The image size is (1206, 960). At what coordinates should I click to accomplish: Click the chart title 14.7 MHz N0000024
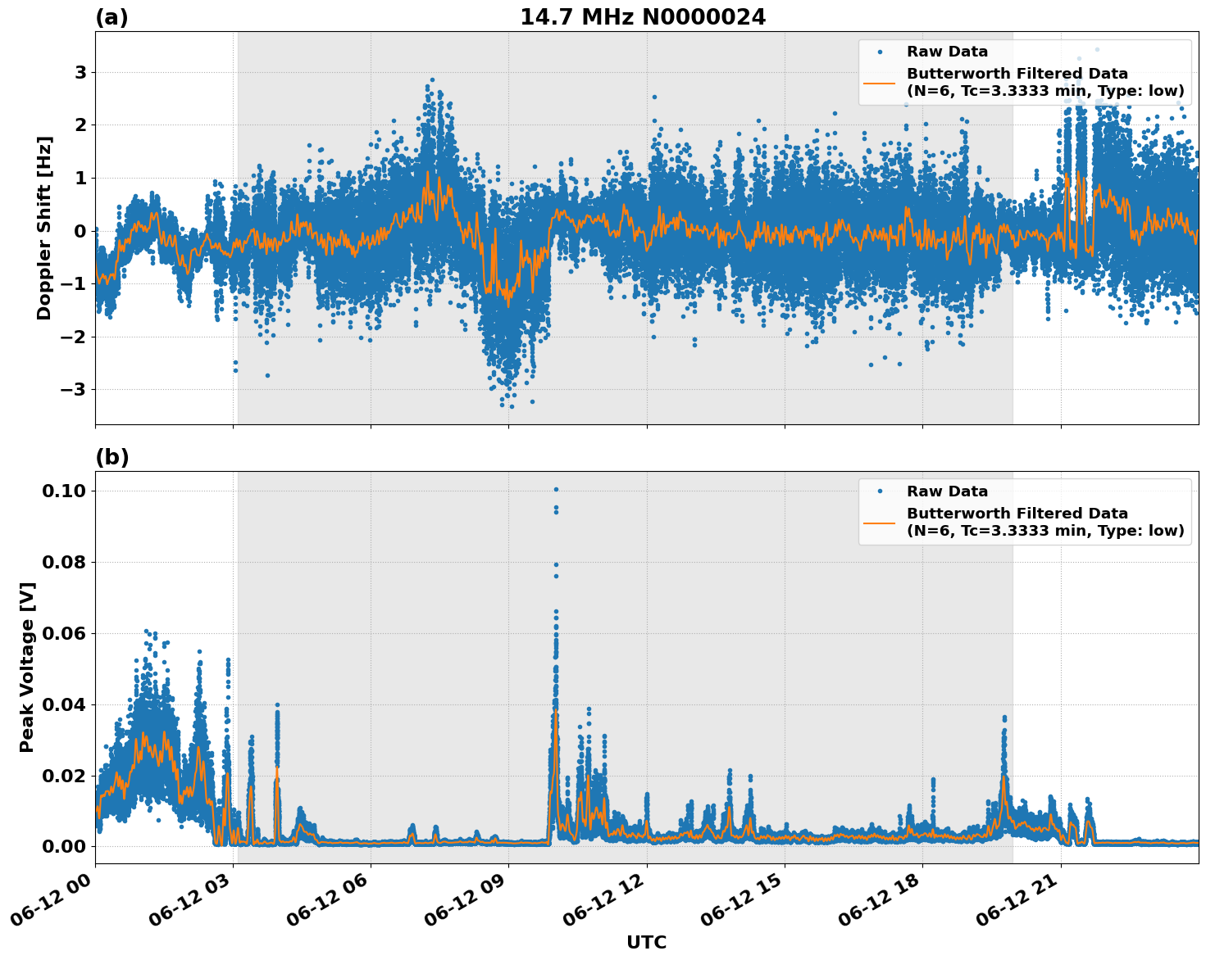point(643,17)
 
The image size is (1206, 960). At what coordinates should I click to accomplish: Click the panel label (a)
point(111,17)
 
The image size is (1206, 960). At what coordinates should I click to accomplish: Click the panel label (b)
point(111,457)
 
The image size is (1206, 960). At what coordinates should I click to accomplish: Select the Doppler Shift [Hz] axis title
point(44,228)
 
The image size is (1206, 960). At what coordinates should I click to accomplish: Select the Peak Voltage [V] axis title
point(27,667)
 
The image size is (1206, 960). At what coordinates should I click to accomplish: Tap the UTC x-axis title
point(646,942)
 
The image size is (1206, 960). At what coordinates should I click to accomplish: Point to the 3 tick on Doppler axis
point(80,73)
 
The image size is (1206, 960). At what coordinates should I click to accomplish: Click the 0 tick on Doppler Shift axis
point(80,231)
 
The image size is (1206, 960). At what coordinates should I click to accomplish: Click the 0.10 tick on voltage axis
point(63,491)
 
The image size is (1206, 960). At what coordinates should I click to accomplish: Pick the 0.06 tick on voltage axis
point(63,634)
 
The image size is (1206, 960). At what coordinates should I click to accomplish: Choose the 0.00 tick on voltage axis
point(63,847)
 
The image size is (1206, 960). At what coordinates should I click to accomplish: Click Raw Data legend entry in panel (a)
point(947,52)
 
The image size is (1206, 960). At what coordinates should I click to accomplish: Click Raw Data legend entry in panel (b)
point(947,491)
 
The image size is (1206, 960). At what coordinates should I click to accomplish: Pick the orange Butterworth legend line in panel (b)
point(880,522)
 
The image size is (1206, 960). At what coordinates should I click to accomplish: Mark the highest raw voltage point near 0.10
point(556,489)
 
